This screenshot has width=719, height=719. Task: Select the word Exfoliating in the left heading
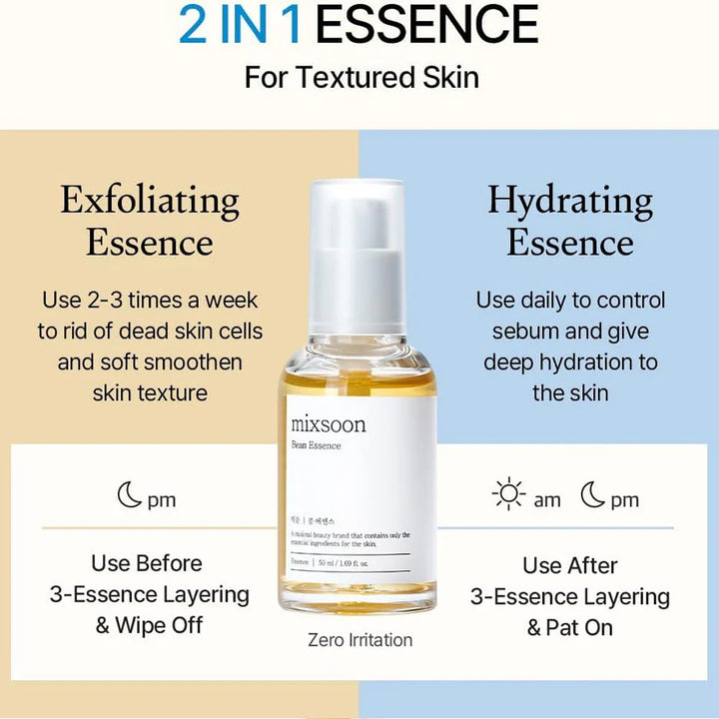150,201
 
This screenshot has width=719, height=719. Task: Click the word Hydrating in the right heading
570,201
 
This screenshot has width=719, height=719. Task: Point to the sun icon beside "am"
509,496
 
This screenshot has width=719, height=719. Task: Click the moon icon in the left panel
130,495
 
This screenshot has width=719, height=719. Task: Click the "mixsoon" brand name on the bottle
329,424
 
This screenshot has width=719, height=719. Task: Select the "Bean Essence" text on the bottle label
317,445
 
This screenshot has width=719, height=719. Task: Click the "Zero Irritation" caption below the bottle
360,640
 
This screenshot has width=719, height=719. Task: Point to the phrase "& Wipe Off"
149,626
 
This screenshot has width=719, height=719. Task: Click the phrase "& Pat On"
570,627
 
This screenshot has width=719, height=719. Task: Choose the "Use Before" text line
147,563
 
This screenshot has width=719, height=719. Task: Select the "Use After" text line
570,565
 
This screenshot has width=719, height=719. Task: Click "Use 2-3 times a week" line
150,300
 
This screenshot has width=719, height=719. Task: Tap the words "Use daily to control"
570,300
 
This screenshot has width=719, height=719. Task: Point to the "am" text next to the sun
547,500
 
